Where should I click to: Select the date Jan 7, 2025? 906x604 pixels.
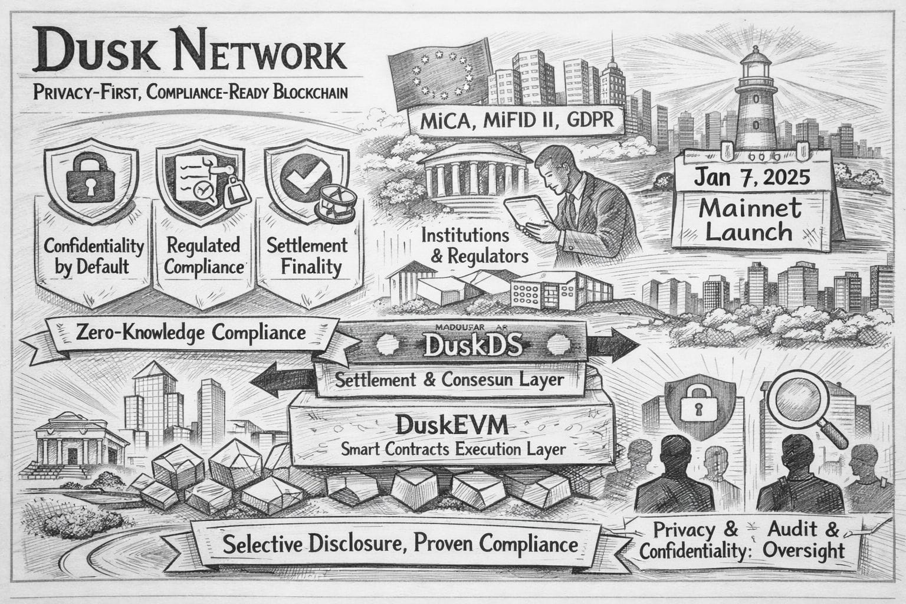click(x=752, y=177)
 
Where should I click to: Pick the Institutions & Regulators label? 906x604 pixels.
click(x=465, y=245)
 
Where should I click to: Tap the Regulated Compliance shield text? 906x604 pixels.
click(x=203, y=255)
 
